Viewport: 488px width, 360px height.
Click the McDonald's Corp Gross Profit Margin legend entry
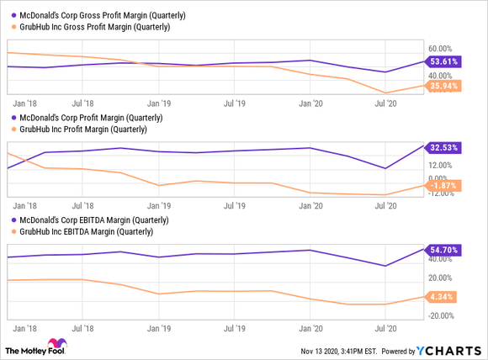pyautogui.click(x=97, y=15)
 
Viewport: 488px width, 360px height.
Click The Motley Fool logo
pyautogui.click(x=40, y=347)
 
